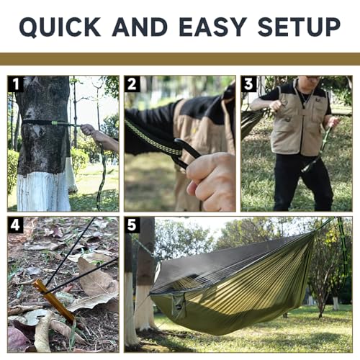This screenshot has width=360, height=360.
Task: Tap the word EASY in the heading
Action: [213, 27]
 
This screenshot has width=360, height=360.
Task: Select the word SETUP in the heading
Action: [299, 27]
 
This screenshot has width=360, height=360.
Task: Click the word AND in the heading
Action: [140, 27]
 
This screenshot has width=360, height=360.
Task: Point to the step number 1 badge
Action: [15, 84]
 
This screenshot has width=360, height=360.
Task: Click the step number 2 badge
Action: [132, 84]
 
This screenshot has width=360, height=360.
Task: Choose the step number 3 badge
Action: [248, 84]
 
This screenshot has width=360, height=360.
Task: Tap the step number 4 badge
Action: [15, 225]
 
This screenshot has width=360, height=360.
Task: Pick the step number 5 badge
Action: [132, 225]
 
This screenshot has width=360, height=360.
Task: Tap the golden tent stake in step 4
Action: [53, 300]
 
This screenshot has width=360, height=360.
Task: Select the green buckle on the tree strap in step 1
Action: [55, 122]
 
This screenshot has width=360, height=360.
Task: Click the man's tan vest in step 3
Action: [300, 122]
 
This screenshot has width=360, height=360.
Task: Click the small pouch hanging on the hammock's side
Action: [179, 306]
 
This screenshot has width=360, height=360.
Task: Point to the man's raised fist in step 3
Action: [276, 106]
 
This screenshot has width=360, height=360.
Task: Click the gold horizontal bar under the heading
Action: [180, 59]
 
